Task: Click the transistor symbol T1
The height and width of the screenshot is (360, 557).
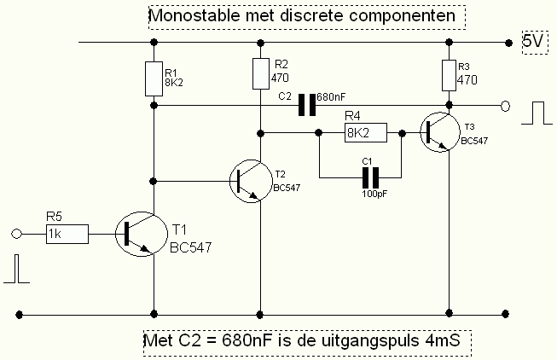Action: (x=136, y=233)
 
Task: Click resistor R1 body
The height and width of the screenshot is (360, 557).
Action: (x=154, y=78)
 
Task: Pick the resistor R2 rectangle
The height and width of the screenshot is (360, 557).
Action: (x=259, y=73)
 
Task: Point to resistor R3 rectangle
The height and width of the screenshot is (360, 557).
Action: (x=450, y=76)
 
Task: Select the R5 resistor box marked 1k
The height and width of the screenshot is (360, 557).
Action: (x=67, y=233)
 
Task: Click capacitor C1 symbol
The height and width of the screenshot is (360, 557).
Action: (x=369, y=177)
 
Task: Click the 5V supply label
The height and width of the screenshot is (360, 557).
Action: (x=531, y=41)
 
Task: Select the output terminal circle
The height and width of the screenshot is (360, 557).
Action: (x=505, y=107)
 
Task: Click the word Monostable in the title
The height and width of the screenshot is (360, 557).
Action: (x=189, y=16)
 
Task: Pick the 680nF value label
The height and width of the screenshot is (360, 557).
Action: (x=332, y=97)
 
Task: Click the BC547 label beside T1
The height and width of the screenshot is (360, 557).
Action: (x=191, y=247)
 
